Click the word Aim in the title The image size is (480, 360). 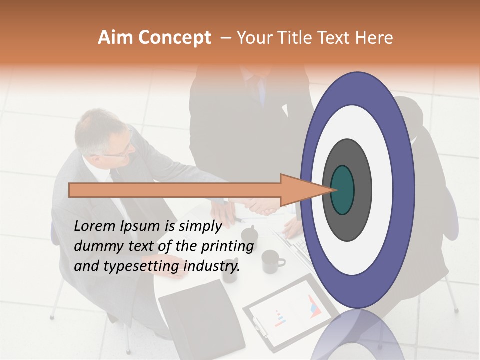[x=114, y=38]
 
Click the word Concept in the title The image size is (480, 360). [x=174, y=38]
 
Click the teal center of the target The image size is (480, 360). [x=343, y=190]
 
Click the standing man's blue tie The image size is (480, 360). [x=261, y=90]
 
